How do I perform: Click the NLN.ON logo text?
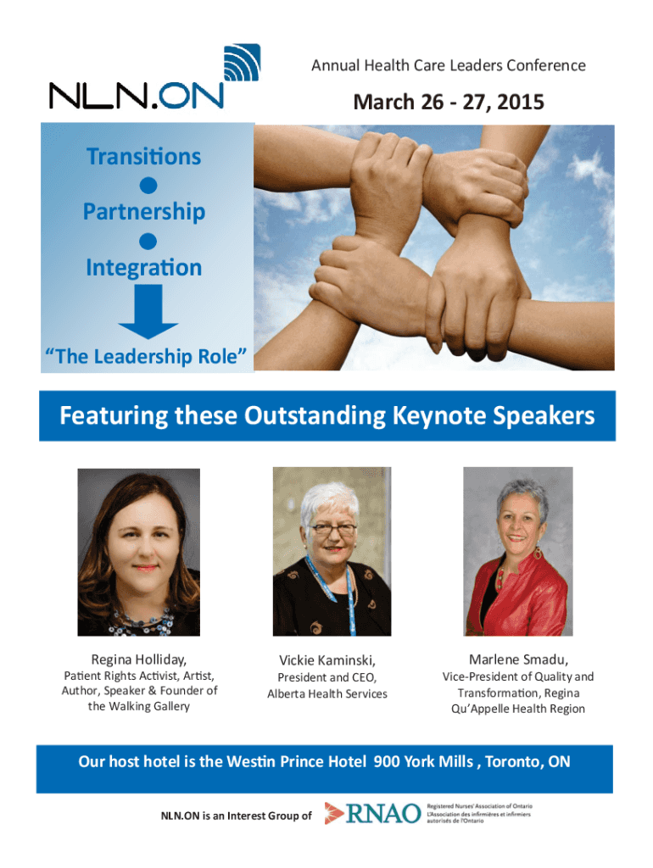pyautogui.click(x=137, y=96)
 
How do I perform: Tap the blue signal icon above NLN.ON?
pyautogui.click(x=242, y=62)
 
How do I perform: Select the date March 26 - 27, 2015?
pyautogui.click(x=449, y=103)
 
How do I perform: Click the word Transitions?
pyautogui.click(x=144, y=157)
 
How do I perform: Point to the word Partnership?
pyautogui.click(x=144, y=213)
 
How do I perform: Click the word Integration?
pyautogui.click(x=144, y=268)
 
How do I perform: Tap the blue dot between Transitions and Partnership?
pyautogui.click(x=148, y=186)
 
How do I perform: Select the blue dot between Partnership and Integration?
pyautogui.click(x=148, y=242)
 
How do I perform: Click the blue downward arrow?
pyautogui.click(x=148, y=311)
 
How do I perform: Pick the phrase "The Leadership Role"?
pyautogui.click(x=146, y=357)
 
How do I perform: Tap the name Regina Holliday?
pyautogui.click(x=138, y=659)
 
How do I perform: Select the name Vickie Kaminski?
pyautogui.click(x=327, y=660)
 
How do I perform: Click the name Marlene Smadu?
pyautogui.click(x=518, y=659)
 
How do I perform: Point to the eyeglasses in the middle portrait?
pyautogui.click(x=333, y=530)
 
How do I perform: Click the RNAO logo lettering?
pyautogui.click(x=383, y=814)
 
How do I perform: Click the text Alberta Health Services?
pyautogui.click(x=327, y=694)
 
